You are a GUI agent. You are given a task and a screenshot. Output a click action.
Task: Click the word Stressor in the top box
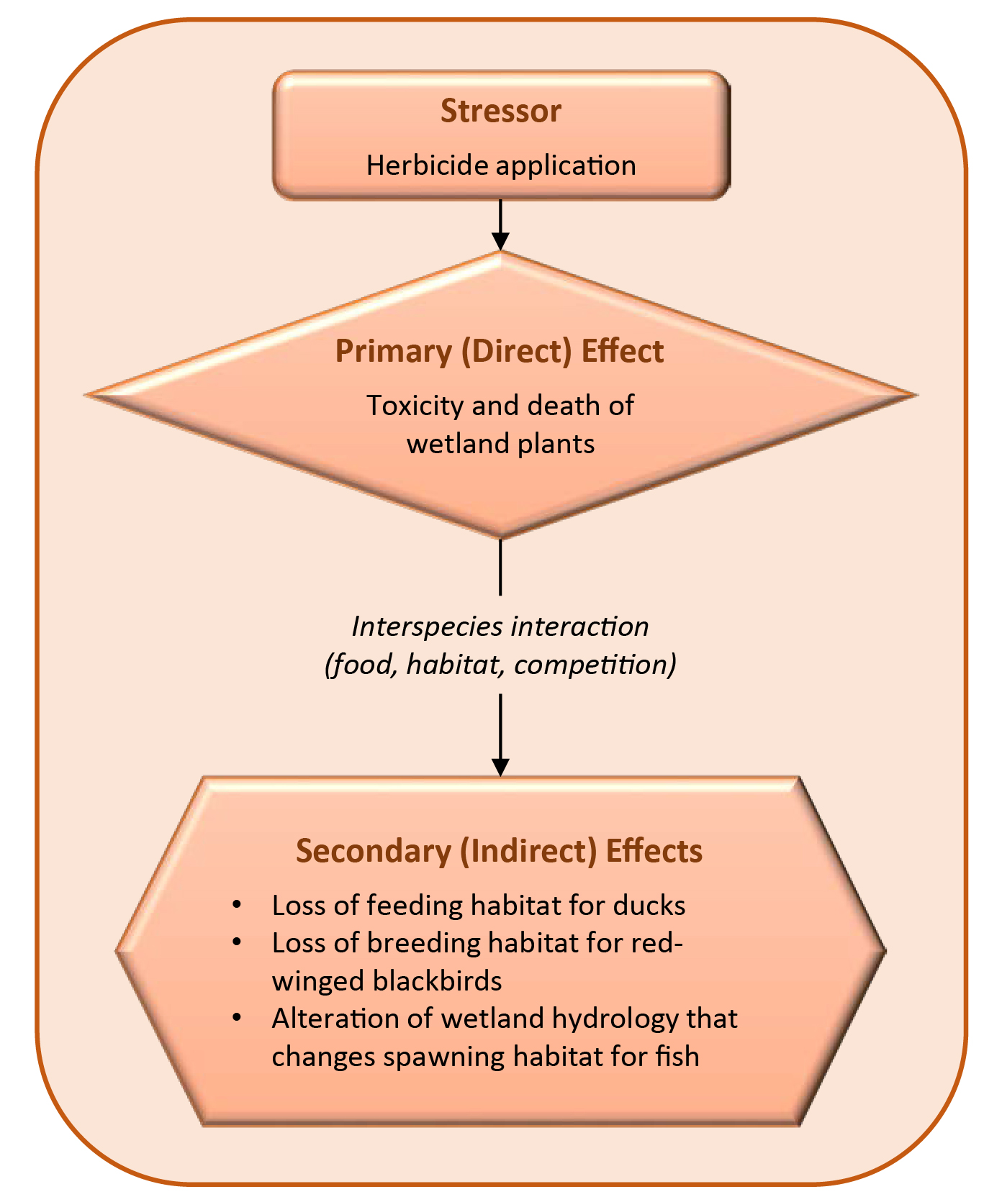(500, 111)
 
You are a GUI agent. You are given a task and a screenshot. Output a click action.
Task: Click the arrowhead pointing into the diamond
(500, 241)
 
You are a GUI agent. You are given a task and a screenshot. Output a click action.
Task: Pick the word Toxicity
(415, 406)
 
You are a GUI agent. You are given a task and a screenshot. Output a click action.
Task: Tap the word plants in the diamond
(559, 444)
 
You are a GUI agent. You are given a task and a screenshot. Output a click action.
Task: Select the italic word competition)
(595, 665)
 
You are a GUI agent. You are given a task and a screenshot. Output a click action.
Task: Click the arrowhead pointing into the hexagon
(500, 767)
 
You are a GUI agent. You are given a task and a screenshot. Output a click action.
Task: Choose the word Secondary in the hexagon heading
(373, 851)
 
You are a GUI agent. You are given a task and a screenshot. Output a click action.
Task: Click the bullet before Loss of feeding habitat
(236, 904)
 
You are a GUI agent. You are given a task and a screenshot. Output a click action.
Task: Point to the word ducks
(649, 905)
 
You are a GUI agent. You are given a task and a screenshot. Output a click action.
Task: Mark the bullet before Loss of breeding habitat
(236, 942)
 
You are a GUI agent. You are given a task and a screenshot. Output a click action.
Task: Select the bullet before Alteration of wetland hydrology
(236, 1018)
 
